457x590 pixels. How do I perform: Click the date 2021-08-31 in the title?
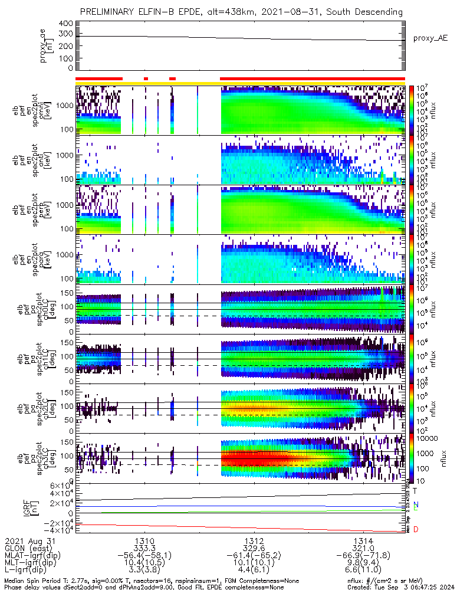pyautogui.click(x=313, y=12)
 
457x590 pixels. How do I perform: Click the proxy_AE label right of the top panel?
pyautogui.click(x=430, y=38)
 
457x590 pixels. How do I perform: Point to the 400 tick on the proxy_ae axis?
pyautogui.click(x=65, y=24)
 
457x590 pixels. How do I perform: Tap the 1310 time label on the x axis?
pyautogui.click(x=145, y=540)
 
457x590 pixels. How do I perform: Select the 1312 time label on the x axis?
pyautogui.click(x=254, y=540)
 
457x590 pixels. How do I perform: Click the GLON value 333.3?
pyautogui.click(x=145, y=548)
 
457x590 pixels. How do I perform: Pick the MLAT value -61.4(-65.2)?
pyautogui.click(x=254, y=556)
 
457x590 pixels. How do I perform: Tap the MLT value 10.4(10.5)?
pyautogui.click(x=145, y=563)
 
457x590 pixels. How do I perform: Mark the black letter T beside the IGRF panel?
pyautogui.click(x=415, y=490)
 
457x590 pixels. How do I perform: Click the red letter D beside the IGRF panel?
pyautogui.click(x=415, y=529)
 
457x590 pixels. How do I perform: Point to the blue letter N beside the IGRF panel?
pyautogui.click(x=415, y=504)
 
